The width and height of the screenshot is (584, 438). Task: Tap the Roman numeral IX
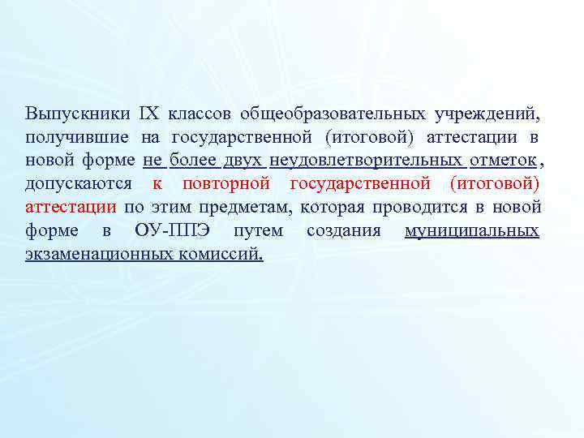click(x=151, y=112)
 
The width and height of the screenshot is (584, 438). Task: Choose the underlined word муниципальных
click(x=471, y=230)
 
